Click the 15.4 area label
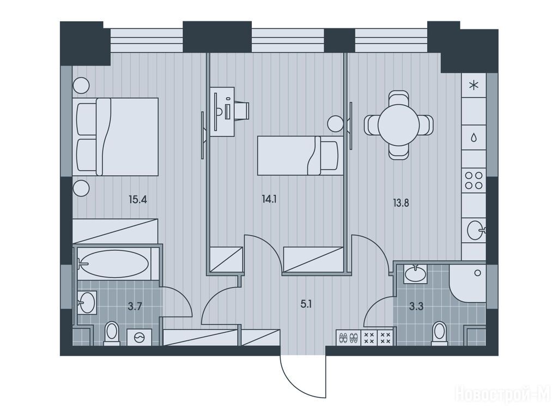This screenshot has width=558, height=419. pyautogui.click(x=138, y=199)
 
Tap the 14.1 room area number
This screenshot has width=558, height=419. pyautogui.click(x=269, y=199)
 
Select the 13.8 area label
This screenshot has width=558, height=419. pyautogui.click(x=401, y=203)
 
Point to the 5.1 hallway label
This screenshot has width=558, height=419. pyautogui.click(x=306, y=304)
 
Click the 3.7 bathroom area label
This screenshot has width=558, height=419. pyautogui.click(x=135, y=307)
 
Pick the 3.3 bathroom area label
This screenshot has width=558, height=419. pyautogui.click(x=416, y=307)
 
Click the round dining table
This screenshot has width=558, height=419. pyautogui.click(x=398, y=125)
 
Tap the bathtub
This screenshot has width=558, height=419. pyautogui.click(x=113, y=264)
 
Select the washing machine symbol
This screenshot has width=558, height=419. pyautogui.click(x=139, y=337)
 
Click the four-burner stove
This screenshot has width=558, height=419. pyautogui.click(x=474, y=181)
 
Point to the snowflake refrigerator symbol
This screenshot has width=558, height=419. pyautogui.click(x=474, y=86)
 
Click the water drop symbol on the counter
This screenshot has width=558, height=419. pyautogui.click(x=474, y=137)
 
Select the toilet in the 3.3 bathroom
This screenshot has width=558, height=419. pyautogui.click(x=440, y=333)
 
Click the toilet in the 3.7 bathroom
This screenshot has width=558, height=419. pyautogui.click(x=111, y=333)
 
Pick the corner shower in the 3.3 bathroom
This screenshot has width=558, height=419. pyautogui.click(x=467, y=283)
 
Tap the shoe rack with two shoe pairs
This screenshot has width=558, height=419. pyautogui.click(x=348, y=338)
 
